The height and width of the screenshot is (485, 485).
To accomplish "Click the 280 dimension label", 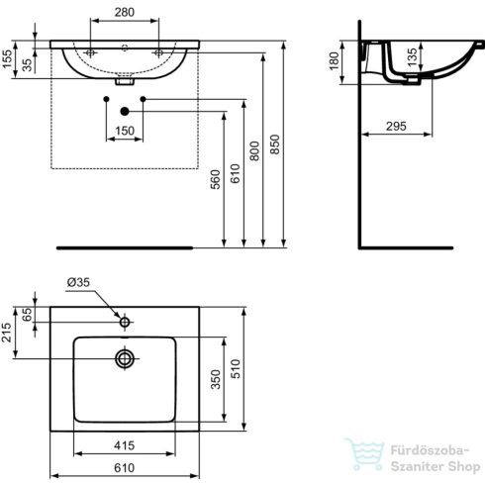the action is pyautogui.click(x=125, y=12).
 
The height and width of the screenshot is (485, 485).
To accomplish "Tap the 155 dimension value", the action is pyautogui.click(x=7, y=59).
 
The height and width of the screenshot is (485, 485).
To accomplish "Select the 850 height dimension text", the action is pyautogui.click(x=274, y=145).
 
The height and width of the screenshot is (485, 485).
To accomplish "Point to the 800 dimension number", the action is pyautogui.click(x=254, y=150).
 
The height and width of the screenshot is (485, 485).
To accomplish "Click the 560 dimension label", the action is pyautogui.click(x=215, y=179).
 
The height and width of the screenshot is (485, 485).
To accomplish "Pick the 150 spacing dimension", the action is pyautogui.click(x=125, y=131).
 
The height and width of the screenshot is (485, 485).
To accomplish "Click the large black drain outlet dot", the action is pyautogui.click(x=125, y=112).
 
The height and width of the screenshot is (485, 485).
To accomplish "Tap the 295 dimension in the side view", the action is pyautogui.click(x=396, y=126).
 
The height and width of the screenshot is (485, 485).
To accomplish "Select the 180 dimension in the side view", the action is pyautogui.click(x=335, y=61).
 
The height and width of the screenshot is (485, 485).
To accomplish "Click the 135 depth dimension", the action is pyautogui.click(x=412, y=57).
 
